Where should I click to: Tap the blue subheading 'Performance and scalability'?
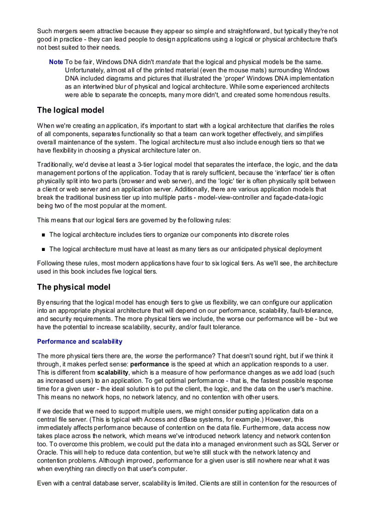(80, 341)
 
